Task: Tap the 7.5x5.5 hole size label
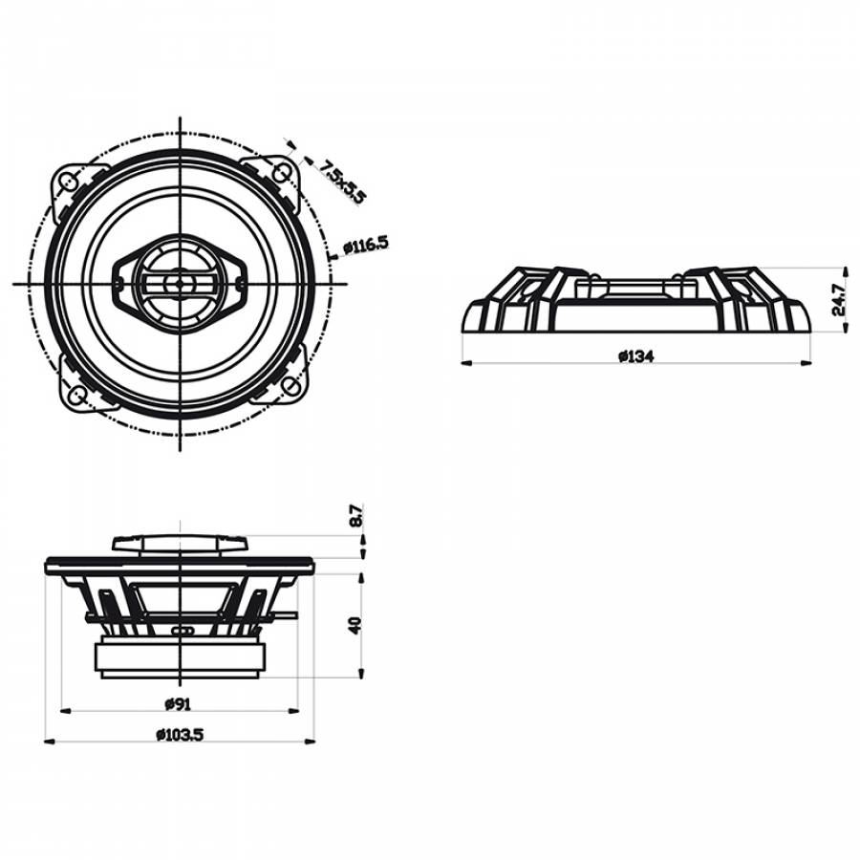pos(343,181)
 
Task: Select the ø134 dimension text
pos(636,356)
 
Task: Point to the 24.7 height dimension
pos(839,299)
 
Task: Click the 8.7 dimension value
pos(356,516)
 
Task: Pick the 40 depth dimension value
pos(356,625)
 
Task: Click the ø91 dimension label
pos(179,703)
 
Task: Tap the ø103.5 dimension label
pos(180,735)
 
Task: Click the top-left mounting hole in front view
pos(68,181)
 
